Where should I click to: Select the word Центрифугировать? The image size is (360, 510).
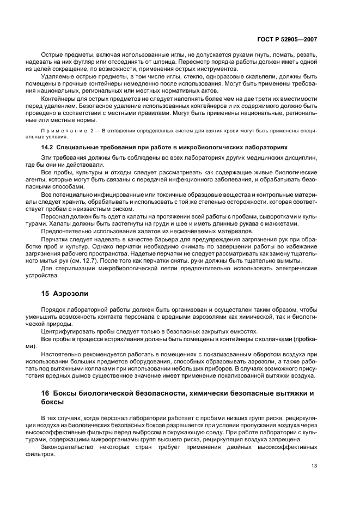70,331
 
